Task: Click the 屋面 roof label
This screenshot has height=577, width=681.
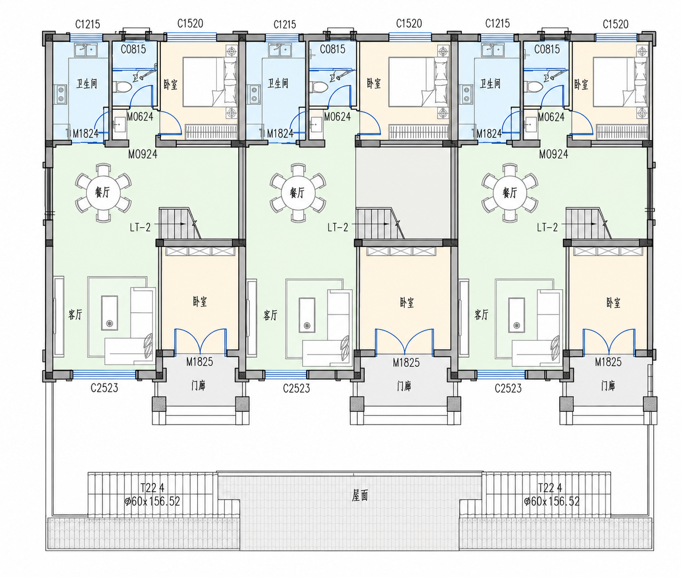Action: tap(359, 495)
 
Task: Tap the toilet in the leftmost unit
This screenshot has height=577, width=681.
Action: tap(122, 87)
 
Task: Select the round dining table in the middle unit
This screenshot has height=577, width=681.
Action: tap(297, 192)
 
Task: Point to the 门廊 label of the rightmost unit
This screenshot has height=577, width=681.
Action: tap(608, 385)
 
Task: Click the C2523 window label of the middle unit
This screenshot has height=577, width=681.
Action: tap(296, 388)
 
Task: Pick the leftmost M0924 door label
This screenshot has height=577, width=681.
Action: tap(143, 154)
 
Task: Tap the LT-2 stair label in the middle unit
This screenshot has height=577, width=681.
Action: tap(338, 227)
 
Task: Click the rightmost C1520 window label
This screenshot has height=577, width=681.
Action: tap(616, 24)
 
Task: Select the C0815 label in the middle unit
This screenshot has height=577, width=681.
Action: tap(332, 49)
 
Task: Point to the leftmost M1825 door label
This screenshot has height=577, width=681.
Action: tap(200, 361)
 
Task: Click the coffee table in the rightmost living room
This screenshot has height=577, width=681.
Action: tap(516, 314)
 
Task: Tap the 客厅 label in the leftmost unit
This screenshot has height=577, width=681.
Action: tap(75, 314)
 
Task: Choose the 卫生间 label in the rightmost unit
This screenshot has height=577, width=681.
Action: tap(490, 83)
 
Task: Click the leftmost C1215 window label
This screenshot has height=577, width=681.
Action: tap(87, 24)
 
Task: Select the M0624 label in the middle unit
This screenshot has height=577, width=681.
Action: tap(337, 116)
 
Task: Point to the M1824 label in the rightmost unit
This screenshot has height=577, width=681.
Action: tap(489, 133)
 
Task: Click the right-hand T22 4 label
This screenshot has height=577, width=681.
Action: tap(550, 487)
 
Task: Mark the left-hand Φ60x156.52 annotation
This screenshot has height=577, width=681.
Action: tap(152, 501)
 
